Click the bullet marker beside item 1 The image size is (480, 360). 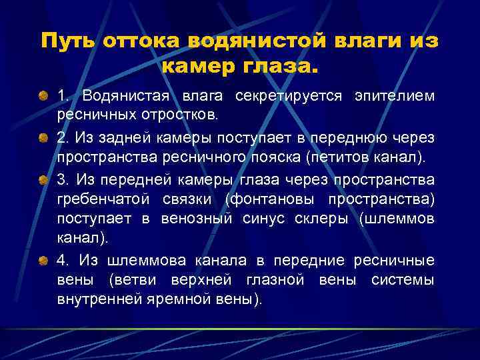click(x=43, y=97)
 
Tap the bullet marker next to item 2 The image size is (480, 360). click(x=43, y=138)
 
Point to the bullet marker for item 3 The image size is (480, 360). click(x=43, y=180)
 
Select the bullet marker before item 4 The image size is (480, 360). click(x=43, y=261)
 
